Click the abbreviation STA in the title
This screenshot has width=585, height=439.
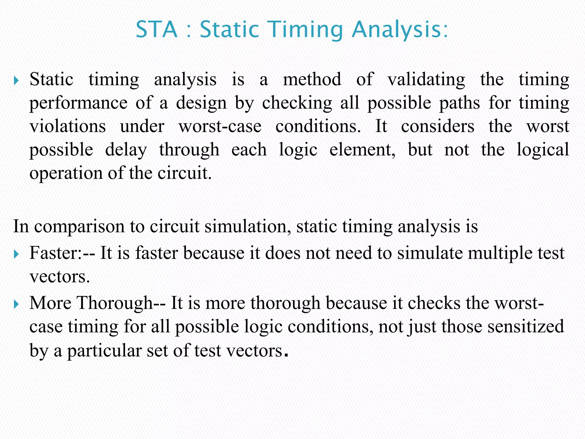click(x=157, y=29)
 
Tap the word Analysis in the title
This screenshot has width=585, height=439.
click(x=400, y=30)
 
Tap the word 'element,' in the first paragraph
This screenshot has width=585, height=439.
click(x=362, y=150)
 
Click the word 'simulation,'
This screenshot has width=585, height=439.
click(x=248, y=226)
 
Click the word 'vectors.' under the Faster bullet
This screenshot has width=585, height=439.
click(x=60, y=277)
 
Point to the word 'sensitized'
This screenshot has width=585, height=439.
click(x=526, y=327)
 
